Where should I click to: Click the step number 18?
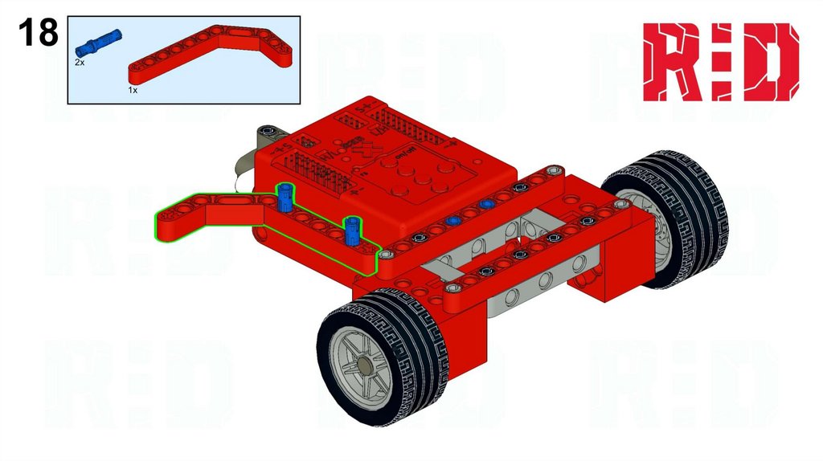point(37,33)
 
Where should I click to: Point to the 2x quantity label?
point(80,62)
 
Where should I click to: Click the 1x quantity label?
point(133,91)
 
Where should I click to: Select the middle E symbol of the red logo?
point(719,62)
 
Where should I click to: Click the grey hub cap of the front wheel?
point(367,366)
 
